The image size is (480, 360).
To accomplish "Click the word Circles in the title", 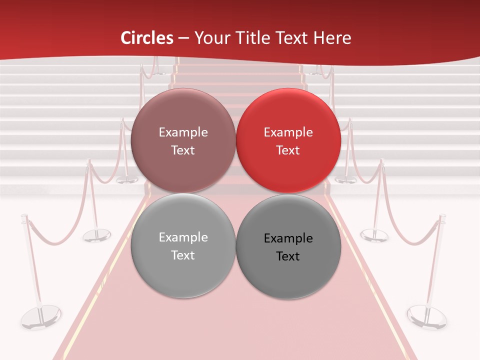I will (x=147, y=38).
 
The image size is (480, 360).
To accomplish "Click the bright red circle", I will (x=288, y=140).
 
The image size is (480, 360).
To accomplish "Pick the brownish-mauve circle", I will (x=183, y=140).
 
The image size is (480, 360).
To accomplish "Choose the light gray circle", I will (x=183, y=245).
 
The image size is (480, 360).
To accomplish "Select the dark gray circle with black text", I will (x=288, y=246).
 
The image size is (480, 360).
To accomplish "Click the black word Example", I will (x=288, y=238).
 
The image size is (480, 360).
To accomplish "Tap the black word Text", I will (x=288, y=256).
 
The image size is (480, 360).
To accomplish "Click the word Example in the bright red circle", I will (x=288, y=132).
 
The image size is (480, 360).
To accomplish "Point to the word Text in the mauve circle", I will (x=183, y=150).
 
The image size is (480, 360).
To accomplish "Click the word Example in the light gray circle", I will (x=183, y=237).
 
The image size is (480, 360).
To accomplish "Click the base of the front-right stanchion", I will (x=426, y=317).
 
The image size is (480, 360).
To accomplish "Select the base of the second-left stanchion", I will (x=96, y=235).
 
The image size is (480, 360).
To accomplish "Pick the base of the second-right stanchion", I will (x=374, y=234).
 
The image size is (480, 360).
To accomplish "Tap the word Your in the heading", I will (x=209, y=38).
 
